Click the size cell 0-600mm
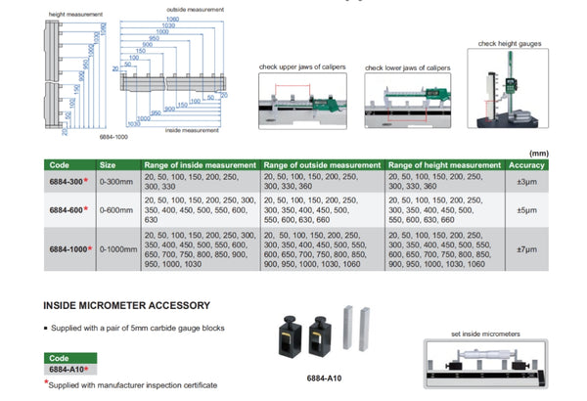point(116,208)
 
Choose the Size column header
point(109,165)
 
